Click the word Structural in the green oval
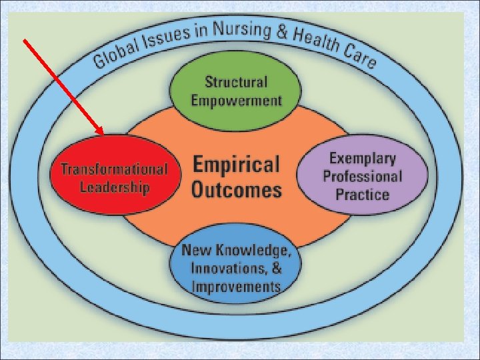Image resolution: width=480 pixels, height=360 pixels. coord(236,83)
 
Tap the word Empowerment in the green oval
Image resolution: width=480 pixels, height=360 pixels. coord(236,101)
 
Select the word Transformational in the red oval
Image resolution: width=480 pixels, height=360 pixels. coord(115,169)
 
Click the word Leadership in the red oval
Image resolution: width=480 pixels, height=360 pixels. coord(115,186)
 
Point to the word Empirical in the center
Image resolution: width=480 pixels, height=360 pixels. coord(236,165)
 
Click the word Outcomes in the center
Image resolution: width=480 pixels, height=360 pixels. coord(236,190)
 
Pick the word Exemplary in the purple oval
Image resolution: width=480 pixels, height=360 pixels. coord(362,159)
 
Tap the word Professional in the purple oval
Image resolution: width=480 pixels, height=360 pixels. coord(362,177)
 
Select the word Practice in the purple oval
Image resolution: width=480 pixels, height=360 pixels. coord(362,195)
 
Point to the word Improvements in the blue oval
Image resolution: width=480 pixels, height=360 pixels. coord(235,287)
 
